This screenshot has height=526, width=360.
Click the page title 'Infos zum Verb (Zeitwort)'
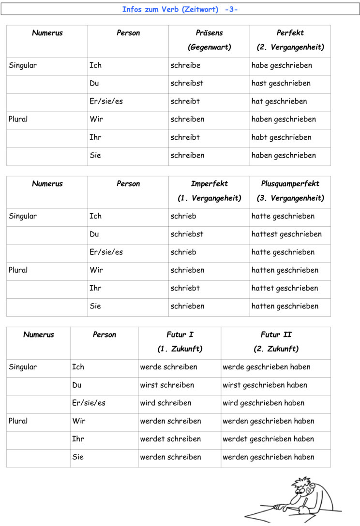pyautogui.click(x=170, y=10)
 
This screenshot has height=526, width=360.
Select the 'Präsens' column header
pyautogui.click(x=209, y=33)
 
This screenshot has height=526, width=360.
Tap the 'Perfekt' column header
pyautogui.click(x=290, y=33)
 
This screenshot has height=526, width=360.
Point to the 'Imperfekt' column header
pyautogui.click(x=209, y=184)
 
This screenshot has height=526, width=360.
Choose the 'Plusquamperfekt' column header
pyautogui.click(x=290, y=184)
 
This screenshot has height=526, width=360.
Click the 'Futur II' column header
pyautogui.click(x=276, y=335)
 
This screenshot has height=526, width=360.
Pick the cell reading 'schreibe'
pyautogui.click(x=185, y=65)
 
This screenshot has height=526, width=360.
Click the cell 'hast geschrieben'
pyautogui.click(x=281, y=83)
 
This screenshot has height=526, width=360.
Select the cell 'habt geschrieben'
pyautogui.click(x=281, y=137)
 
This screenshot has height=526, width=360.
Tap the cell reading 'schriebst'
pyautogui.click(x=187, y=234)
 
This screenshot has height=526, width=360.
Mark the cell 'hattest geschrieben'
pyautogui.click(x=286, y=234)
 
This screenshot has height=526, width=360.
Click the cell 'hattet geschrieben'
pyautogui.click(x=285, y=288)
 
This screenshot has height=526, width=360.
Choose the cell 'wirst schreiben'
pyautogui.click(x=167, y=385)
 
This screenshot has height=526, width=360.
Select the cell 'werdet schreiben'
pyautogui.click(x=170, y=439)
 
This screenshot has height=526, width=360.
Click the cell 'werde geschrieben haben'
pyautogui.click(x=266, y=367)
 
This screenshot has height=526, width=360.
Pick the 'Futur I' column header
pyautogui.click(x=180, y=335)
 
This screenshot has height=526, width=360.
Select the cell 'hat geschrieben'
pyautogui.click(x=279, y=102)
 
